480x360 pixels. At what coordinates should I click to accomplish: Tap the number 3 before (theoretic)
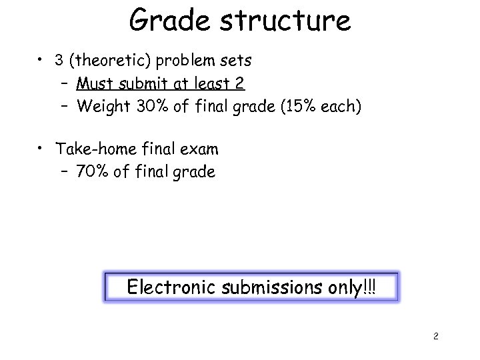pyautogui.click(x=60, y=61)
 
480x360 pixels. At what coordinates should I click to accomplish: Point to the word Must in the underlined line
pyautogui.click(x=96, y=83)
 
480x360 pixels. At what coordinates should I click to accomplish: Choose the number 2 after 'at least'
pyautogui.click(x=240, y=83)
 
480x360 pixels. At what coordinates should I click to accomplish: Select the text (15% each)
pyautogui.click(x=317, y=106)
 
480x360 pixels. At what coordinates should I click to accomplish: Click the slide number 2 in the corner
pyautogui.click(x=435, y=336)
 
